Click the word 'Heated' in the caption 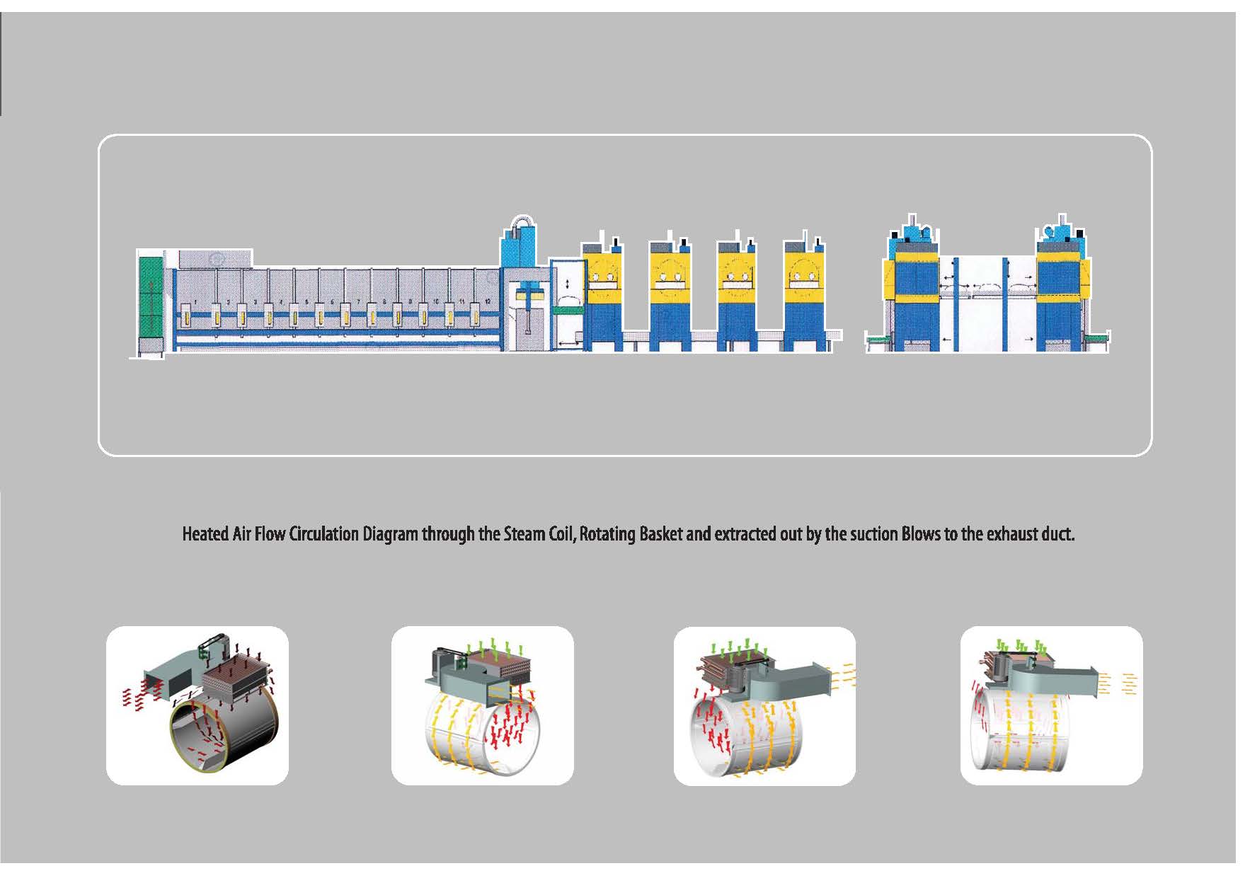coord(205,533)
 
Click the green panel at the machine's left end coord(151,296)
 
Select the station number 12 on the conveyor coord(488,301)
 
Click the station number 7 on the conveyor coord(358,301)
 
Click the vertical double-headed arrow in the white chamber coord(567,283)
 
